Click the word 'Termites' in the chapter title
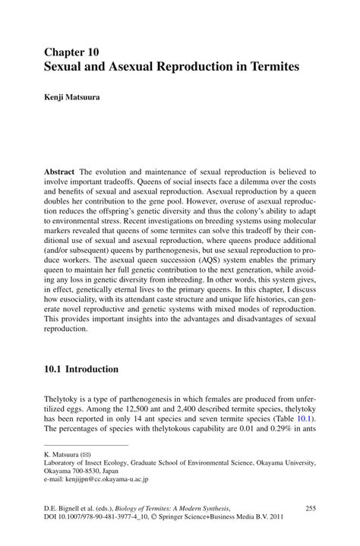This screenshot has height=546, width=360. (273, 67)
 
